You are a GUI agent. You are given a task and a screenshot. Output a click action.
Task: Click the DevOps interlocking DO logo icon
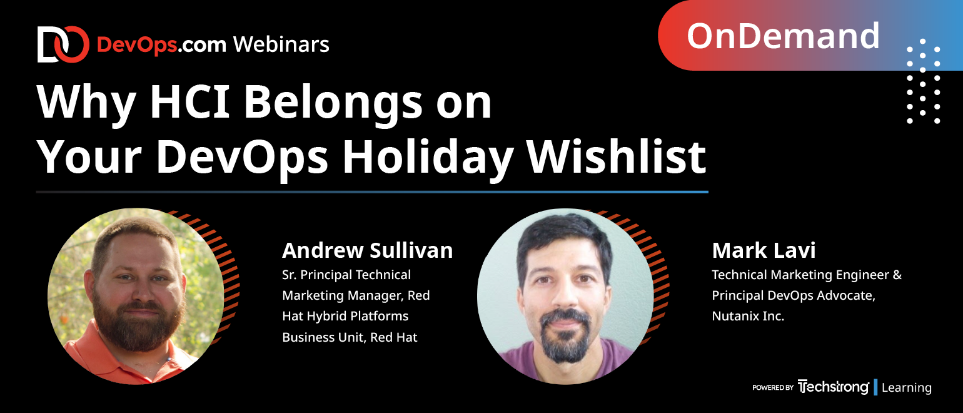click(63, 44)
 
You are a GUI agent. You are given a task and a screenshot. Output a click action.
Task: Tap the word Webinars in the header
click(281, 44)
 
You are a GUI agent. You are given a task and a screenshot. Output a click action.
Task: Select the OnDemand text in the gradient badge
click(783, 36)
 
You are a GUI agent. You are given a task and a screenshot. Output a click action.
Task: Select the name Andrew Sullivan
click(368, 250)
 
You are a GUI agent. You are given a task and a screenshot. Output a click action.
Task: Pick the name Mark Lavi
click(764, 250)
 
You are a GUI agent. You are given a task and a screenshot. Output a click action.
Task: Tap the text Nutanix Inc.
click(748, 316)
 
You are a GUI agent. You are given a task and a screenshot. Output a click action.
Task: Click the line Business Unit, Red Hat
click(350, 337)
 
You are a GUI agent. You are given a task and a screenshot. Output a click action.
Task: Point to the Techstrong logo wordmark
click(833, 387)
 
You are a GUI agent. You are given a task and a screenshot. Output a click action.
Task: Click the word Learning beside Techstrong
click(907, 387)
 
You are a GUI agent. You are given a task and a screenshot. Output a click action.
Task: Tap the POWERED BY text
click(773, 387)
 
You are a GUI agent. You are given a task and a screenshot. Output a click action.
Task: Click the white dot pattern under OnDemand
click(923, 81)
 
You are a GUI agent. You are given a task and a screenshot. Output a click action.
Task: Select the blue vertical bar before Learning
click(875, 387)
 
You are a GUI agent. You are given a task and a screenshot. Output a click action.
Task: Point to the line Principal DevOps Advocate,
click(794, 295)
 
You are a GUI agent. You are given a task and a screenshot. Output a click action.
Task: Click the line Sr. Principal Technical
click(346, 275)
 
